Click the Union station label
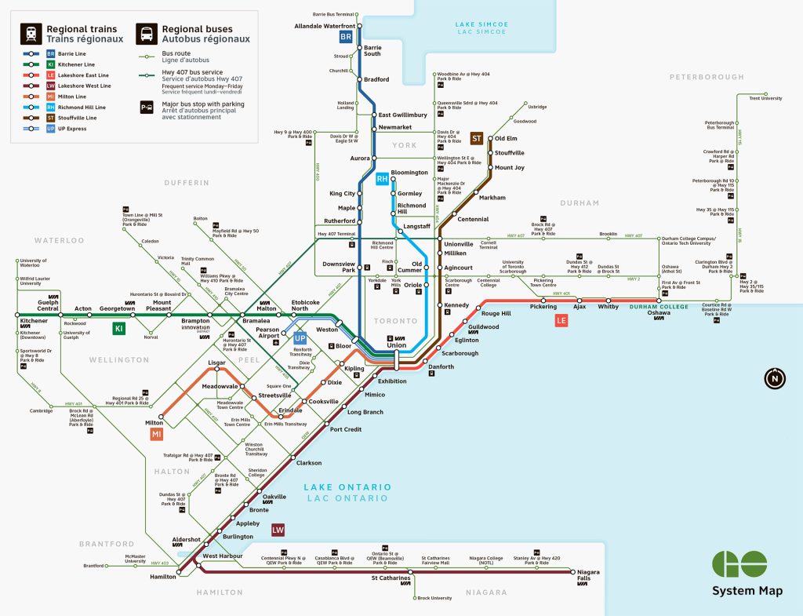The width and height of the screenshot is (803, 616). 396,345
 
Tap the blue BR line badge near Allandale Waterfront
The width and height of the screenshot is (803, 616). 346,37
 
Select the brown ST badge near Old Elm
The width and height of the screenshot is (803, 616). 476,139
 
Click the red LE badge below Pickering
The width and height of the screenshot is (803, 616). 561,321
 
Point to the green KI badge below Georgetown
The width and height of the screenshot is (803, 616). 118,329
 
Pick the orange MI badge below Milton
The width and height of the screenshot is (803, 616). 157,434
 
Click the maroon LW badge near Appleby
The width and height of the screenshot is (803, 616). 277,530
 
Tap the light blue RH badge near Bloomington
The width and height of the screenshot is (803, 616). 382,180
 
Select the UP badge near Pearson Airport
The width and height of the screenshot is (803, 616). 299,338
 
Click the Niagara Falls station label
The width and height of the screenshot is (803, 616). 588,576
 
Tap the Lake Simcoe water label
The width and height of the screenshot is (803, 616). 481,28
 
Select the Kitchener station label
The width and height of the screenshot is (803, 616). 34,321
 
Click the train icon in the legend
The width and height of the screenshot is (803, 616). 31,33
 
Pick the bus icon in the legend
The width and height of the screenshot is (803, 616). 146,33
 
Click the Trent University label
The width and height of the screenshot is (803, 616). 765,98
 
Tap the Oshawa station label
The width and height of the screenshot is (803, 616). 658,312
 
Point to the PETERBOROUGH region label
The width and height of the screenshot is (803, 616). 707,77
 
